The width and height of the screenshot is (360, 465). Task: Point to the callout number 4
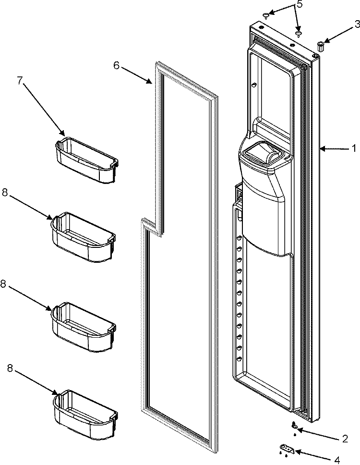pyautogui.click(x=337, y=460)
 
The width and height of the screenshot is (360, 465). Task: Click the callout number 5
pyautogui.click(x=300, y=5)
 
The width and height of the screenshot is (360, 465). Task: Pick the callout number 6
pyautogui.click(x=116, y=66)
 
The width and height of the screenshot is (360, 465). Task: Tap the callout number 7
pyautogui.click(x=20, y=80)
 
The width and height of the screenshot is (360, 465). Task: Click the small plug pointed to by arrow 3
pyautogui.click(x=320, y=47)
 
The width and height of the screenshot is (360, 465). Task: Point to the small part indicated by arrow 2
pyautogui.click(x=295, y=426)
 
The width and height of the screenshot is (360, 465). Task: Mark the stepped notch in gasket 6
pyautogui.click(x=153, y=226)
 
